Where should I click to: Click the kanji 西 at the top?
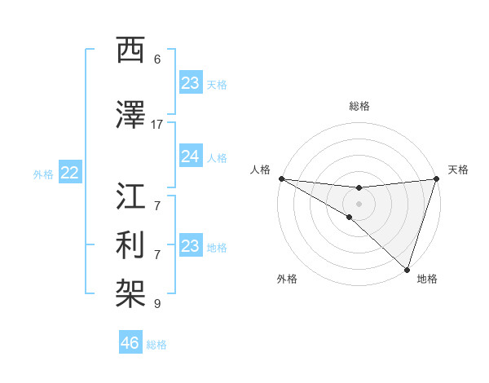pyautogui.click(x=131, y=51)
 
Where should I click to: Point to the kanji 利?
pyautogui.click(x=131, y=244)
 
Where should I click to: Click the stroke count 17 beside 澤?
pyautogui.click(x=157, y=124)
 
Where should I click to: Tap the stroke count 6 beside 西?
pyautogui.click(x=157, y=59)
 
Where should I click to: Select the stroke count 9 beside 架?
pyautogui.click(x=157, y=304)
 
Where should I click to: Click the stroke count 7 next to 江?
pyautogui.click(x=157, y=205)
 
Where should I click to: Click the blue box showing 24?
pyautogui.click(x=190, y=157)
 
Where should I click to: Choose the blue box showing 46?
pyautogui.click(x=130, y=342)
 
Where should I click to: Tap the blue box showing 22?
pyautogui.click(x=70, y=173)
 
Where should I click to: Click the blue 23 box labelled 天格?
pyautogui.click(x=190, y=83)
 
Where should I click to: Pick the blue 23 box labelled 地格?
pyautogui.click(x=190, y=246)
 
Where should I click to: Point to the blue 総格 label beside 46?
pyautogui.click(x=156, y=345)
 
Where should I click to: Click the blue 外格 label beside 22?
pyautogui.click(x=43, y=174)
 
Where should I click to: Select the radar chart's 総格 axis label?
pyautogui.click(x=359, y=106)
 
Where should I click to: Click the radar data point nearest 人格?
pyautogui.click(x=281, y=178)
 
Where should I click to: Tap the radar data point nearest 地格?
pyautogui.click(x=407, y=269)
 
